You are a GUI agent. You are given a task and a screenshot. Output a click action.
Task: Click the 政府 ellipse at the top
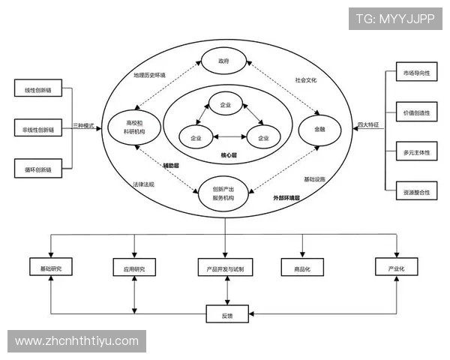pos(223,61)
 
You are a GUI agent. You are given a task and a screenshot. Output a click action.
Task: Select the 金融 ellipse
pos(319,128)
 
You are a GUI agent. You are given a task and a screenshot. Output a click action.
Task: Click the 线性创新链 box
pos(37,91)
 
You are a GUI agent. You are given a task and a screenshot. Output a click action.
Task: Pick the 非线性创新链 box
pos(37,130)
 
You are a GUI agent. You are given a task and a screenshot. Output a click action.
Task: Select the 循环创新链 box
pos(37,169)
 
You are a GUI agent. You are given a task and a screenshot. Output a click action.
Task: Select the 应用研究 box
pos(134,268)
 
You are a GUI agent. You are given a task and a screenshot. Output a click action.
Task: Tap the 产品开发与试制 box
pos(225,268)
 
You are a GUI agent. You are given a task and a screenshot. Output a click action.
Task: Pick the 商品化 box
pos(302,268)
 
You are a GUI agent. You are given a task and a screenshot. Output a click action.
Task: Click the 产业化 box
pos(396,267)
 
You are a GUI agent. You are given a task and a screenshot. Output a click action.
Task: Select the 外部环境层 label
pos(286,198)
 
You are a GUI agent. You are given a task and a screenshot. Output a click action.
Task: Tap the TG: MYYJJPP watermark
pos(394,18)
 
